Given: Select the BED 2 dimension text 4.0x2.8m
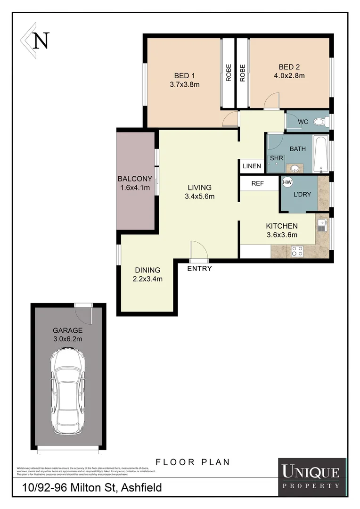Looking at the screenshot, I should click(289, 75).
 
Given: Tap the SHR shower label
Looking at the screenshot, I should click(277, 158).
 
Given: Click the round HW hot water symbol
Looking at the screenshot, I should click(286, 182).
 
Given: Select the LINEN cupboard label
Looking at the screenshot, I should click(252, 166).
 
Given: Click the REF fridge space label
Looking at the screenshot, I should click(257, 184).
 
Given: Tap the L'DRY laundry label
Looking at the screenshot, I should click(302, 194).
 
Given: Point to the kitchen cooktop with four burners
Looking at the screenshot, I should click(297, 251).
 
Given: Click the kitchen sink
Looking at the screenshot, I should click(322, 225).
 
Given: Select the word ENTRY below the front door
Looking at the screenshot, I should click(199, 269).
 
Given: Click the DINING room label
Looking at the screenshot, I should click(147, 270).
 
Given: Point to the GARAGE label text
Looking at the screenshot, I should click(67, 330).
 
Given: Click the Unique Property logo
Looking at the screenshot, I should click(310, 476).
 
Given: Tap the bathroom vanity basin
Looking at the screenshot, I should click(295, 168).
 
